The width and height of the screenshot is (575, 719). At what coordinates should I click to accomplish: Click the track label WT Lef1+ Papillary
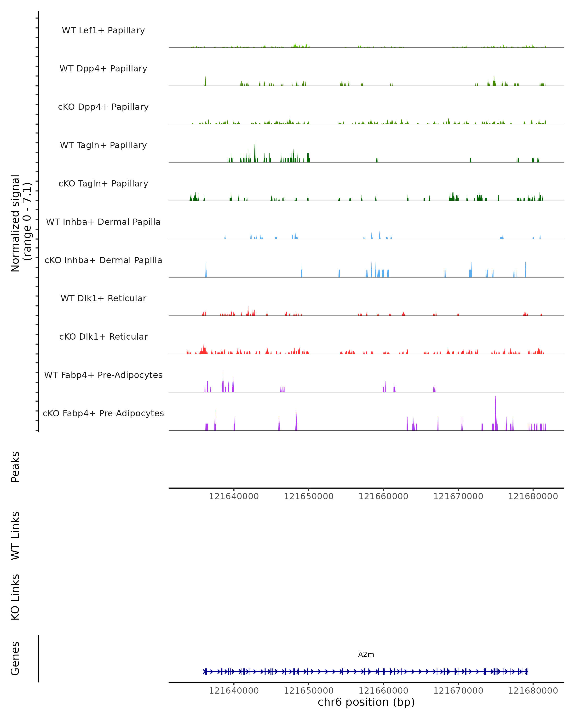[x=103, y=30]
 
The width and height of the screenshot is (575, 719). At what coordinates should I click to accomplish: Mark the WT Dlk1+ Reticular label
[x=103, y=298]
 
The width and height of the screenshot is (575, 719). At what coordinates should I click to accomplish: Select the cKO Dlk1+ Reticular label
[x=103, y=336]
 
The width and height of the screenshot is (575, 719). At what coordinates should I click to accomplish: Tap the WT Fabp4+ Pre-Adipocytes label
[x=103, y=375]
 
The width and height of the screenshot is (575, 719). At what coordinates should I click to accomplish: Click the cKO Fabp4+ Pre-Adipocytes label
[x=103, y=413]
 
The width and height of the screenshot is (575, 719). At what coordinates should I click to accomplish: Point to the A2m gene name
[x=366, y=654]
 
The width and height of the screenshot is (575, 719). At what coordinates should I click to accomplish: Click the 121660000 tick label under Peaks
[x=383, y=496]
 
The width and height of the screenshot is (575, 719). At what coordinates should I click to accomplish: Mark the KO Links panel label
[x=15, y=597]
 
